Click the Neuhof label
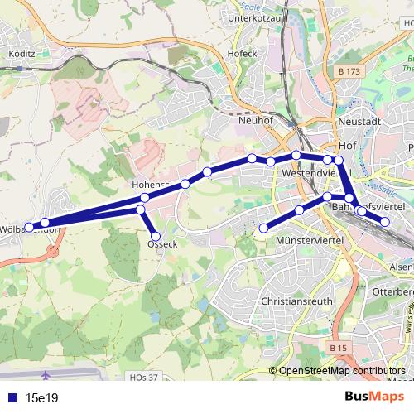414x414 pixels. pos(255,120)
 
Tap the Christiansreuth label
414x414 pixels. pos(296,302)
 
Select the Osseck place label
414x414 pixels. pos(161,245)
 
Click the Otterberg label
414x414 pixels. pos(392,292)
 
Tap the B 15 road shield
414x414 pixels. pos(336,349)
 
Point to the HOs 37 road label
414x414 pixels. pos(143,377)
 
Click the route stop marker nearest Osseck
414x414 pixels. pos(155,236)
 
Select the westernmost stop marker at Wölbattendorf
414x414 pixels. pos(28,227)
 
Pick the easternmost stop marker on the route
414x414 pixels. pos(385,221)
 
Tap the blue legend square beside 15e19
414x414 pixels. pos(10,398)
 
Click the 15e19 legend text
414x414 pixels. pos(41,398)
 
